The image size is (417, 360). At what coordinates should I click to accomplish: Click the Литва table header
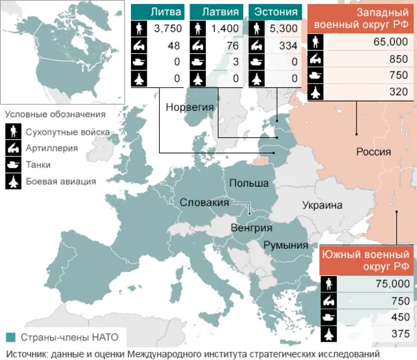157,12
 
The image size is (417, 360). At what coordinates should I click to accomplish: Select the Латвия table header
216,12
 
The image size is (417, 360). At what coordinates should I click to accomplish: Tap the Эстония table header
276,12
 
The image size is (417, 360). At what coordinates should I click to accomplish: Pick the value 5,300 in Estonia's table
284,29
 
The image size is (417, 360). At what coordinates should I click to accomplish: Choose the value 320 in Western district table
398,92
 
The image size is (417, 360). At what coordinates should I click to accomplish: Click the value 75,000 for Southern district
393,284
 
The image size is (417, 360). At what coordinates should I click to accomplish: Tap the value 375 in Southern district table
400,334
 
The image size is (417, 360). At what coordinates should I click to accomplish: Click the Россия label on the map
373,152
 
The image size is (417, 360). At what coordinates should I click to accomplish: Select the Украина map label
322,206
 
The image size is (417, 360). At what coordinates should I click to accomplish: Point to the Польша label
249,184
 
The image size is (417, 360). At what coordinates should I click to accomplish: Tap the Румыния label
285,245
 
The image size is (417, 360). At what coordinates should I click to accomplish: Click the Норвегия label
187,107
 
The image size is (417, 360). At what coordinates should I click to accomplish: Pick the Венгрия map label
252,228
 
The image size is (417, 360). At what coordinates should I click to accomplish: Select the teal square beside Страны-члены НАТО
10,337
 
